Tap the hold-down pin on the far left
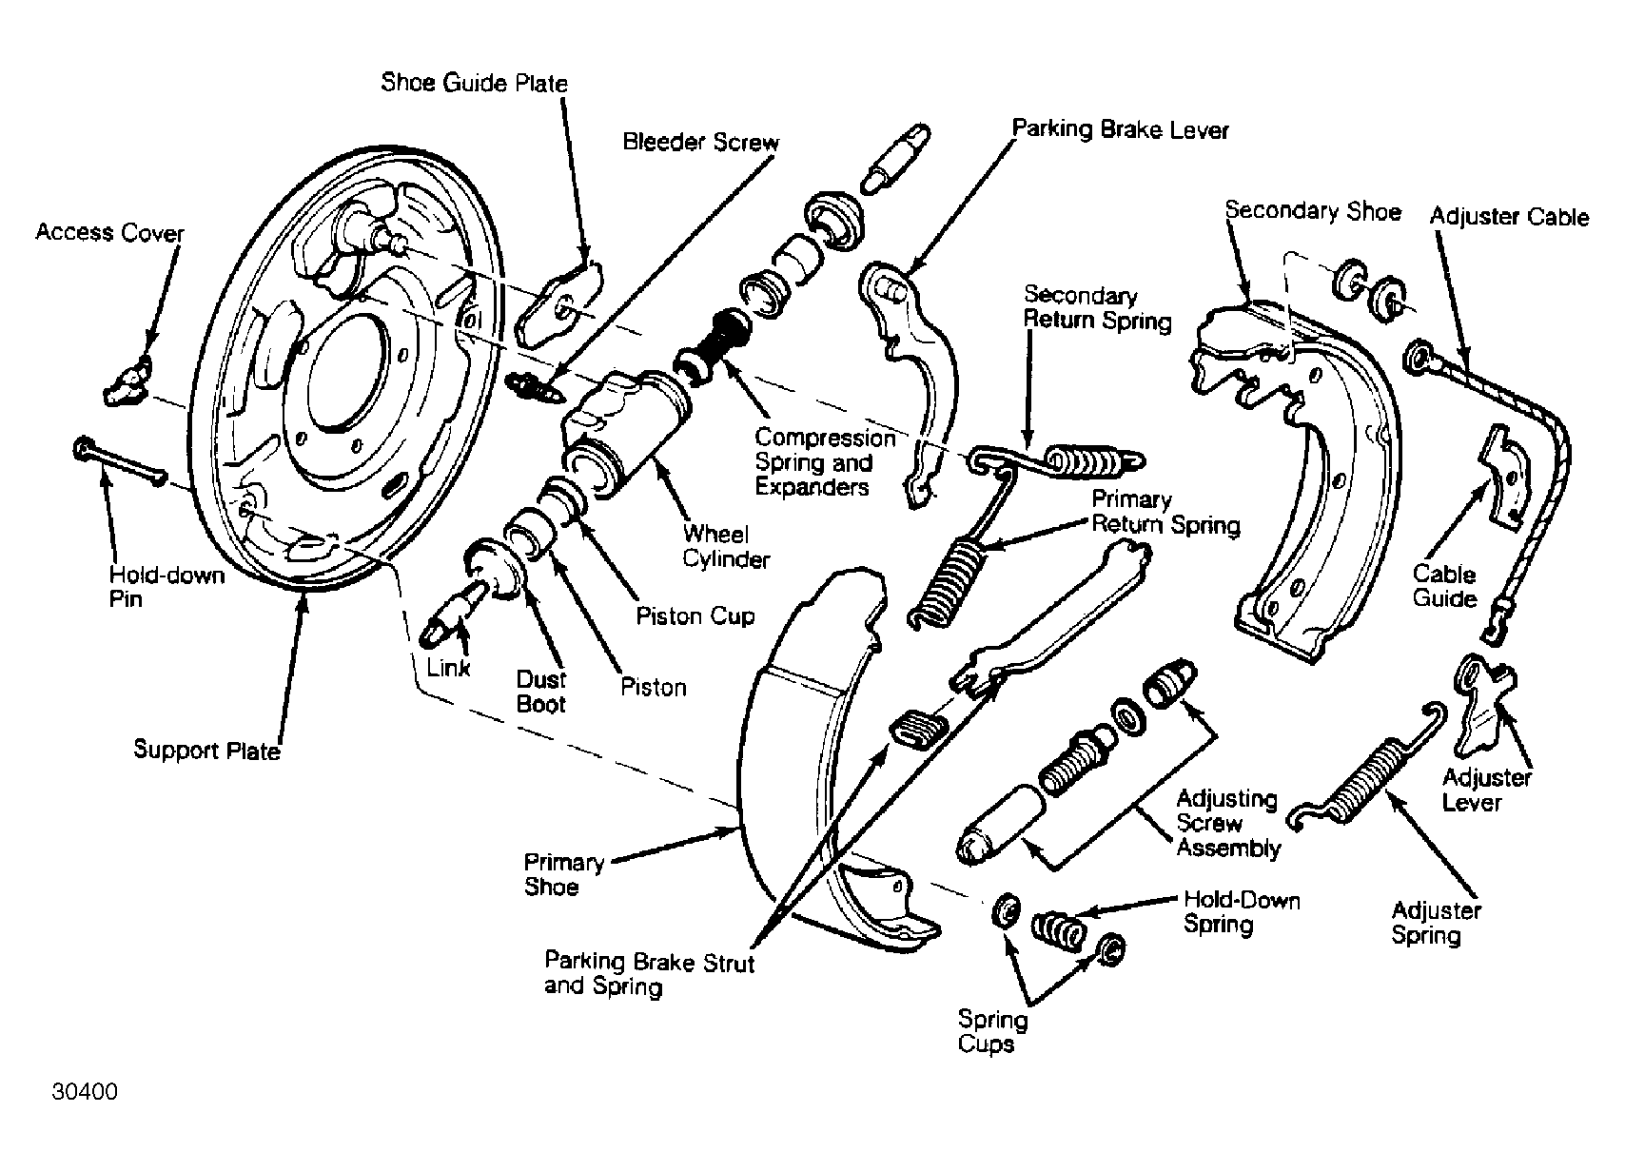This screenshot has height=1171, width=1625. point(121,462)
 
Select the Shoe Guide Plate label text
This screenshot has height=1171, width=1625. point(474,83)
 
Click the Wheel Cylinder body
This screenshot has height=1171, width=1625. point(625,431)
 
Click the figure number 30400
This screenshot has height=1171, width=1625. point(84,1092)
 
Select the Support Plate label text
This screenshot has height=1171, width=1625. point(206,750)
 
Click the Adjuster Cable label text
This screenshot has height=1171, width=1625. point(1509,217)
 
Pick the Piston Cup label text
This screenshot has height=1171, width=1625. point(695,616)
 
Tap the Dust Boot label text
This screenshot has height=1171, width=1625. point(540,692)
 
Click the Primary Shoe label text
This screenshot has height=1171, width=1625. point(563,874)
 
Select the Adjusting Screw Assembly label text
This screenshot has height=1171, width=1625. point(1228,824)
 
